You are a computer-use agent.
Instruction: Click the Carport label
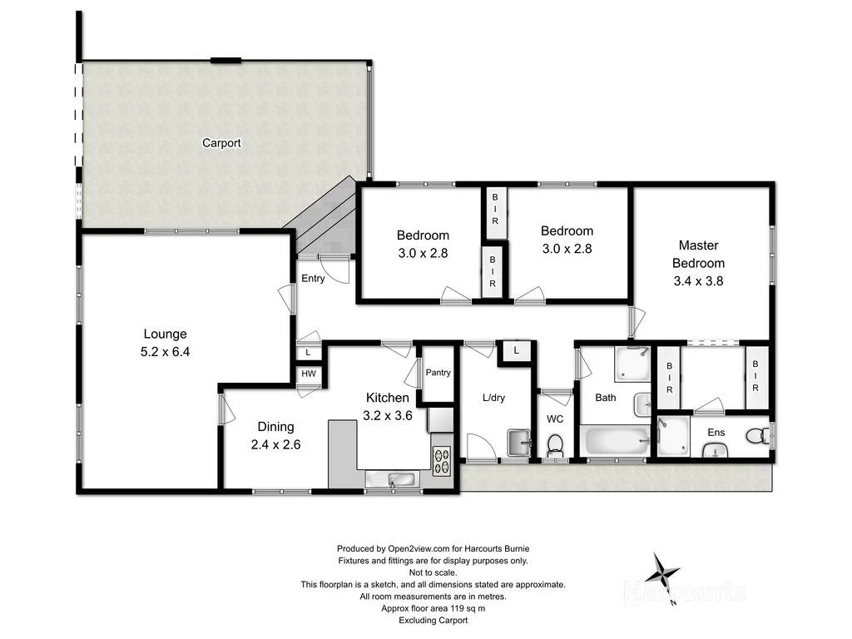click(x=221, y=143)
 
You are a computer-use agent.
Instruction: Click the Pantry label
click(x=438, y=373)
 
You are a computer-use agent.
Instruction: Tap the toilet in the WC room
click(x=555, y=446)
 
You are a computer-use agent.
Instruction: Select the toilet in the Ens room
click(x=756, y=435)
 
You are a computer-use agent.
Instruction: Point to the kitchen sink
click(x=391, y=479)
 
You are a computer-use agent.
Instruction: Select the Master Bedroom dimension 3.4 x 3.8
click(x=698, y=281)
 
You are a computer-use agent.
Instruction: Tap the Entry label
click(x=313, y=279)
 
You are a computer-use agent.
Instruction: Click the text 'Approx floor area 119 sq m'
click(x=433, y=608)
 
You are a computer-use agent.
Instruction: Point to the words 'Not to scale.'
click(x=433, y=572)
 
